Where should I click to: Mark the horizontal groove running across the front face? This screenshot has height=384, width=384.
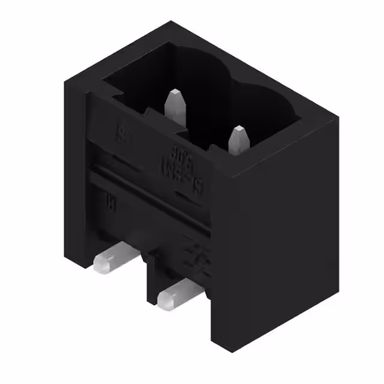pos(150,186)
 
